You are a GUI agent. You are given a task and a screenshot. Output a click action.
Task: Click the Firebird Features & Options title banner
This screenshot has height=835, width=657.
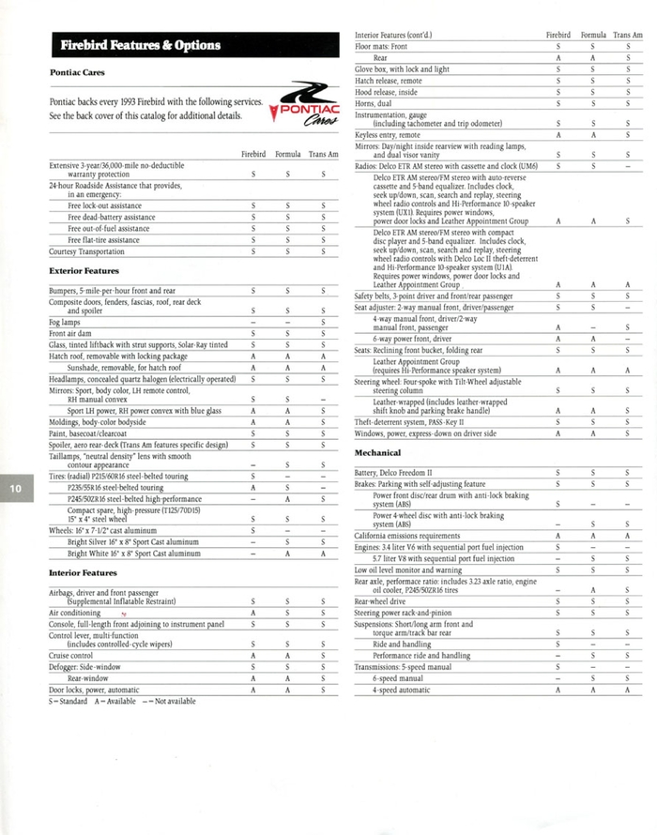[141, 45]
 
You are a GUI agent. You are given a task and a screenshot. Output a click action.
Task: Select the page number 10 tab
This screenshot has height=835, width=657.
[17, 489]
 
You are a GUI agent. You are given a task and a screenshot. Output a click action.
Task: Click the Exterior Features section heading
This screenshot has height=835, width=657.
[84, 270]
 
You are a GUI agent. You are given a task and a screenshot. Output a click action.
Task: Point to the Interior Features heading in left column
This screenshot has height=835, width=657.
[83, 572]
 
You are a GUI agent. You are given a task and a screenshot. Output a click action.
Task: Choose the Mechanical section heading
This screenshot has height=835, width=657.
[377, 452]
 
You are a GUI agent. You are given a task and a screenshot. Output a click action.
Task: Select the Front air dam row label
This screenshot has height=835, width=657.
[71, 333]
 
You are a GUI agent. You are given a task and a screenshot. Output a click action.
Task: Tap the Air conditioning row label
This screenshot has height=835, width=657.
[75, 612]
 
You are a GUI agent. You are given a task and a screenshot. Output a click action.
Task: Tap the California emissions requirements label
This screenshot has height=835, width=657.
[407, 535]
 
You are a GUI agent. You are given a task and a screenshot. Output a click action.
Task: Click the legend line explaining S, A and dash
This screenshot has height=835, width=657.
[122, 701]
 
